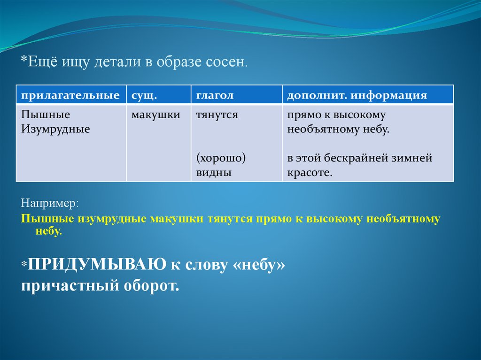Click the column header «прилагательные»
tap(70, 95)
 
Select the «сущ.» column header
tap(144, 95)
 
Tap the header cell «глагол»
tap(215, 95)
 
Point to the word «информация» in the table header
tap(388, 95)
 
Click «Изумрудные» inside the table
tap(55, 129)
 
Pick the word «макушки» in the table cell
tap(156, 115)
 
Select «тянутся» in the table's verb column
tap(217, 115)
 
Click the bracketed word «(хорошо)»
tap(221, 158)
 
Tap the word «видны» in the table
tap(214, 173)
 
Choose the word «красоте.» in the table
tap(310, 173)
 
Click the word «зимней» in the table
tap(411, 158)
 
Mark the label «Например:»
tap(50, 203)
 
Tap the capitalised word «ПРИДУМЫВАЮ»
tap(97, 264)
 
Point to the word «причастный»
tap(70, 286)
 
